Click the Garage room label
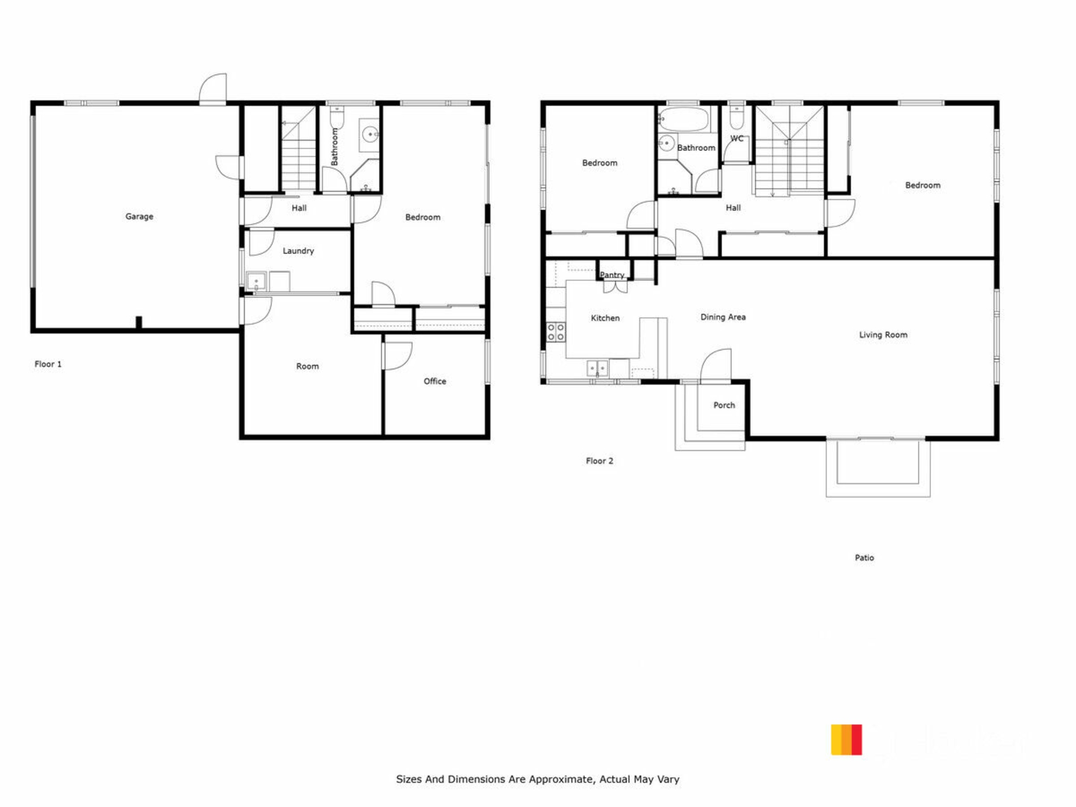coord(139,216)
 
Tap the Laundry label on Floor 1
coord(298,251)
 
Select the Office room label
coord(435,381)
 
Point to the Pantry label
coord(612,275)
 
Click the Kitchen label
coord(605,318)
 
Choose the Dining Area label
coord(723,317)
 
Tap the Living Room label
coord(883,335)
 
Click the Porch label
coord(724,405)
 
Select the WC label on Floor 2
coord(737,138)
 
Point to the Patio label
coord(864,558)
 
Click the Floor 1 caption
coord(48,364)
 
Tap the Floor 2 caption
coord(600,461)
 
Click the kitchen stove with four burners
coord(556,332)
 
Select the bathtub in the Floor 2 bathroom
coord(684,119)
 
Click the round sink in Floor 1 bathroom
coord(370,134)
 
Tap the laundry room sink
coord(257,281)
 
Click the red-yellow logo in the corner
coord(846,740)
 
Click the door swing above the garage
coord(214,88)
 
